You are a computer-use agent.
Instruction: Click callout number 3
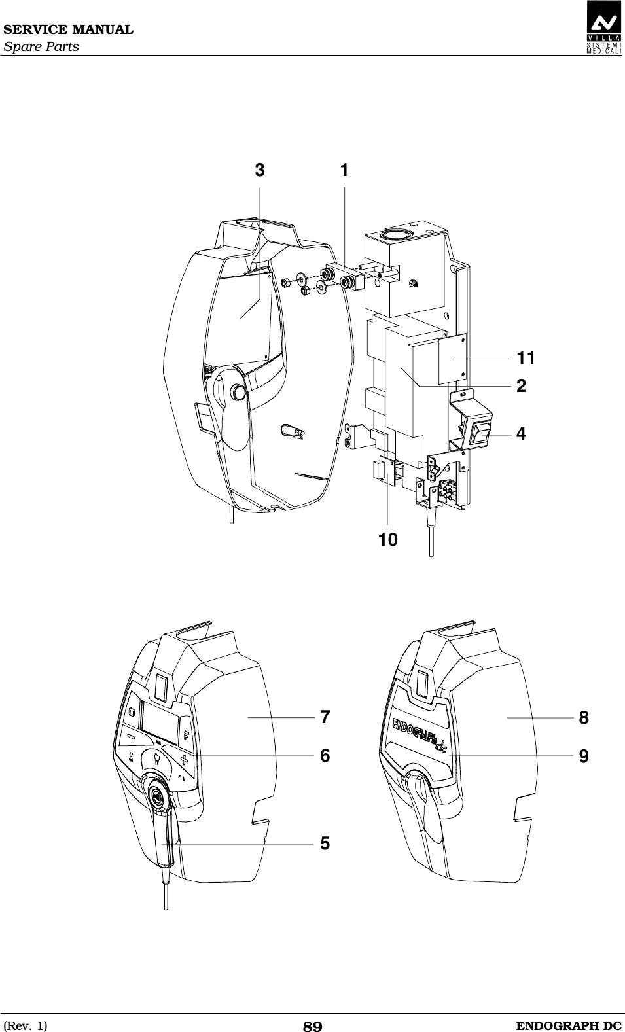pyautogui.click(x=260, y=171)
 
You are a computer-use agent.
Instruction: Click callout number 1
pyautogui.click(x=344, y=170)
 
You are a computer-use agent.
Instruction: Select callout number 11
pyautogui.click(x=526, y=358)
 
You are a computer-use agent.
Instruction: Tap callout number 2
pyautogui.click(x=521, y=385)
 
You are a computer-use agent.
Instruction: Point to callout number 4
pyautogui.click(x=521, y=433)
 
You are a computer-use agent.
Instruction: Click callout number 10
pyautogui.click(x=387, y=540)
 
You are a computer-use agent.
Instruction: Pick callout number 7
pyautogui.click(x=325, y=717)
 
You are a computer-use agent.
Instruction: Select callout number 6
pyautogui.click(x=325, y=755)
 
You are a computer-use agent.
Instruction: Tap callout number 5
pyautogui.click(x=325, y=844)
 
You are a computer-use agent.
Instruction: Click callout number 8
pyautogui.click(x=584, y=718)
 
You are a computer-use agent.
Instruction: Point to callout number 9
pyautogui.click(x=584, y=756)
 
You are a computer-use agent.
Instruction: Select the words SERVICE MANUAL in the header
pyautogui.click(x=67, y=30)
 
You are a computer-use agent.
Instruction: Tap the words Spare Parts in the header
pyautogui.click(x=41, y=47)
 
